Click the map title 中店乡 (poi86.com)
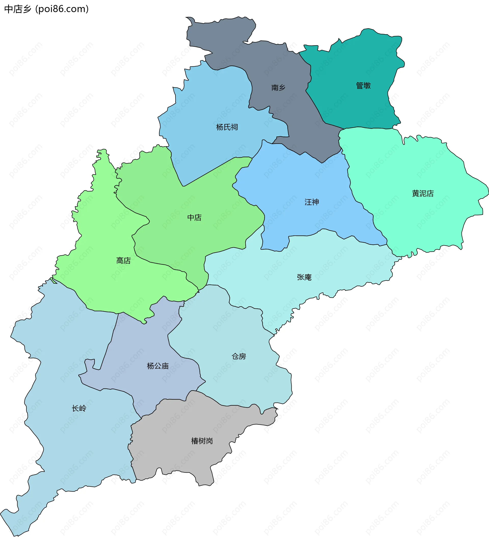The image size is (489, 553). click(46, 9)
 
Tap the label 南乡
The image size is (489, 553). click(278, 88)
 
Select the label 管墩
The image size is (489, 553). click(363, 86)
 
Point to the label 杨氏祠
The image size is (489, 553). click(227, 127)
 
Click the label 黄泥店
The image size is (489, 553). click(423, 193)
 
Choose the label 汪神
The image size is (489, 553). click(312, 202)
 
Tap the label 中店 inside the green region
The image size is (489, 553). click(194, 218)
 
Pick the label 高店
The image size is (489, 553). click(124, 260)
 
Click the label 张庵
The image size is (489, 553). click(304, 277)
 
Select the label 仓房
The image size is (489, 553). click(239, 357)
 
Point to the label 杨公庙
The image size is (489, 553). click(158, 366)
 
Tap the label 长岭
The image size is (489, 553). click(79, 408)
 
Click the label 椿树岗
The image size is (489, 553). click(202, 441)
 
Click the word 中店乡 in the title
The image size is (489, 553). click(18, 9)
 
